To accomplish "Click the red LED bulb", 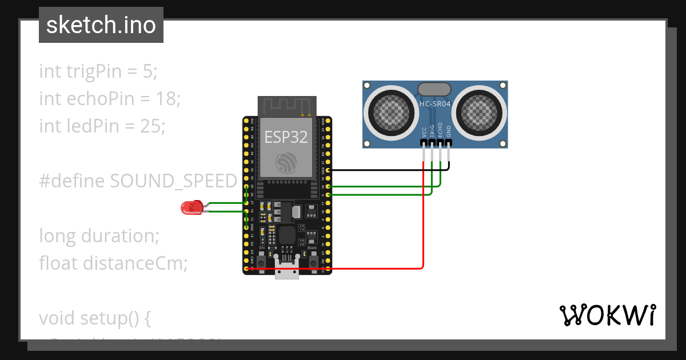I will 191,207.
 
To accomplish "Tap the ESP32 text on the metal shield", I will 286,137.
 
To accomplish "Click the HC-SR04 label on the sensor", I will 434,104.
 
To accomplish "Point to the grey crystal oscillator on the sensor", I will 434,89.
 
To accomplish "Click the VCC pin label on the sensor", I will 424,131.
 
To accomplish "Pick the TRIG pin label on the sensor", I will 432,131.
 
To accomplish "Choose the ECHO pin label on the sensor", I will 440,131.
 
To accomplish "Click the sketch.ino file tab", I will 101,25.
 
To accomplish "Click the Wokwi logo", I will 607,315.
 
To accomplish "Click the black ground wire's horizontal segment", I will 389,170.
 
